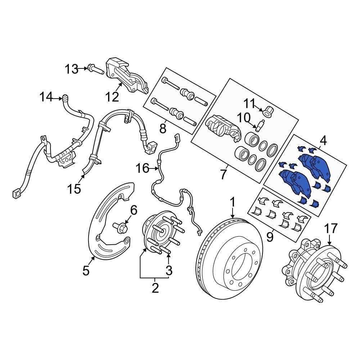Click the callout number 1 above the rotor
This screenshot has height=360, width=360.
pos(233,203)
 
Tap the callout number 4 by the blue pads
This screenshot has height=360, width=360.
pos(323,141)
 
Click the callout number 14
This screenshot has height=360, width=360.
pos(46,97)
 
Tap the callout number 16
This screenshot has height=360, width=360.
pos(142,168)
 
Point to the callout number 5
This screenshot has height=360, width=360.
pos(86,270)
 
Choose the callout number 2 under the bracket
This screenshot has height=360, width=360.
pos(155,288)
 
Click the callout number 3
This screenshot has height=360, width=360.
pos(169,270)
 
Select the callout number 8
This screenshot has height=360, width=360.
pos(163,128)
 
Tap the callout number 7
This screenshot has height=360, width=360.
pos(223,175)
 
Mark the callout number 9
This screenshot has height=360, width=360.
pos(270,237)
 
